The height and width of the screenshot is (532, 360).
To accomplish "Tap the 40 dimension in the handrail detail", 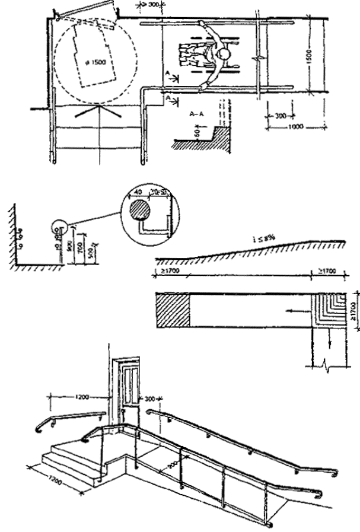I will [x=137, y=192].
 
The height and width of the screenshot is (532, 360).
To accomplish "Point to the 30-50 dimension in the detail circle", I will [x=157, y=193].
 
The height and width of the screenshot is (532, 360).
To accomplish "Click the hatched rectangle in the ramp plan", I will [x=172, y=310].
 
